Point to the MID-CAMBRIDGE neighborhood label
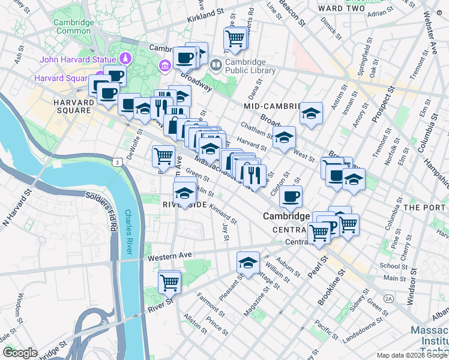tap(272, 106)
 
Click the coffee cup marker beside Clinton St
tap(291, 196)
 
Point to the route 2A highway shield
tap(388, 298)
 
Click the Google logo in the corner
tap(20, 353)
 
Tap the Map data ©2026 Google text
tap(412, 355)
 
